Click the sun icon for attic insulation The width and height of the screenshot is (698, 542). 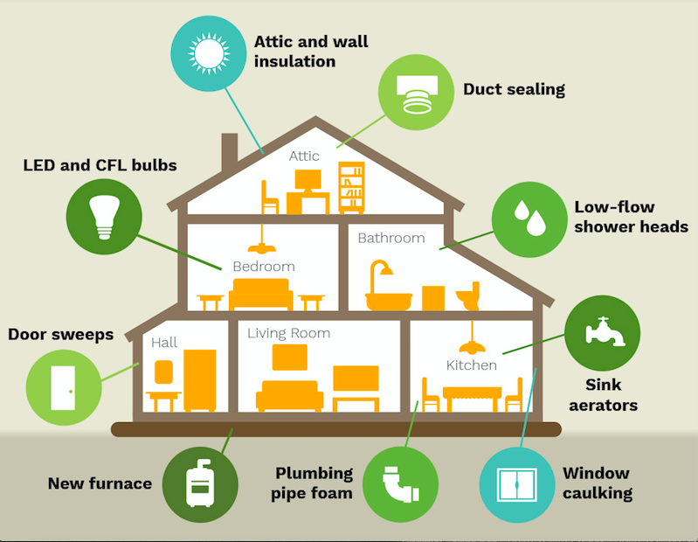click(x=209, y=53)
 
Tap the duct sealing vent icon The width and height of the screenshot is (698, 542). click(x=416, y=92)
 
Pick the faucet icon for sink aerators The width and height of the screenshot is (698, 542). click(x=603, y=332)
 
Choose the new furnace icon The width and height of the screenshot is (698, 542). click(x=200, y=483)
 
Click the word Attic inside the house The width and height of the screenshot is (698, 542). click(x=304, y=156)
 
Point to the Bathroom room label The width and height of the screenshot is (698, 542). click(x=390, y=238)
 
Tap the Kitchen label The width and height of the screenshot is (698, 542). click(x=472, y=365)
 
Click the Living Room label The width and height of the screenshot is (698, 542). click(x=288, y=333)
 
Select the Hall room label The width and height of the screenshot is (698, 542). click(x=164, y=343)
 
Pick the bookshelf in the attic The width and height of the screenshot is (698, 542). click(x=351, y=189)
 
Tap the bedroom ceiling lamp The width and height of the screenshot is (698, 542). click(x=261, y=242)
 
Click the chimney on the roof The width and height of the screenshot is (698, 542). click(x=230, y=149)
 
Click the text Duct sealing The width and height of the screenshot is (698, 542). click(x=514, y=89)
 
